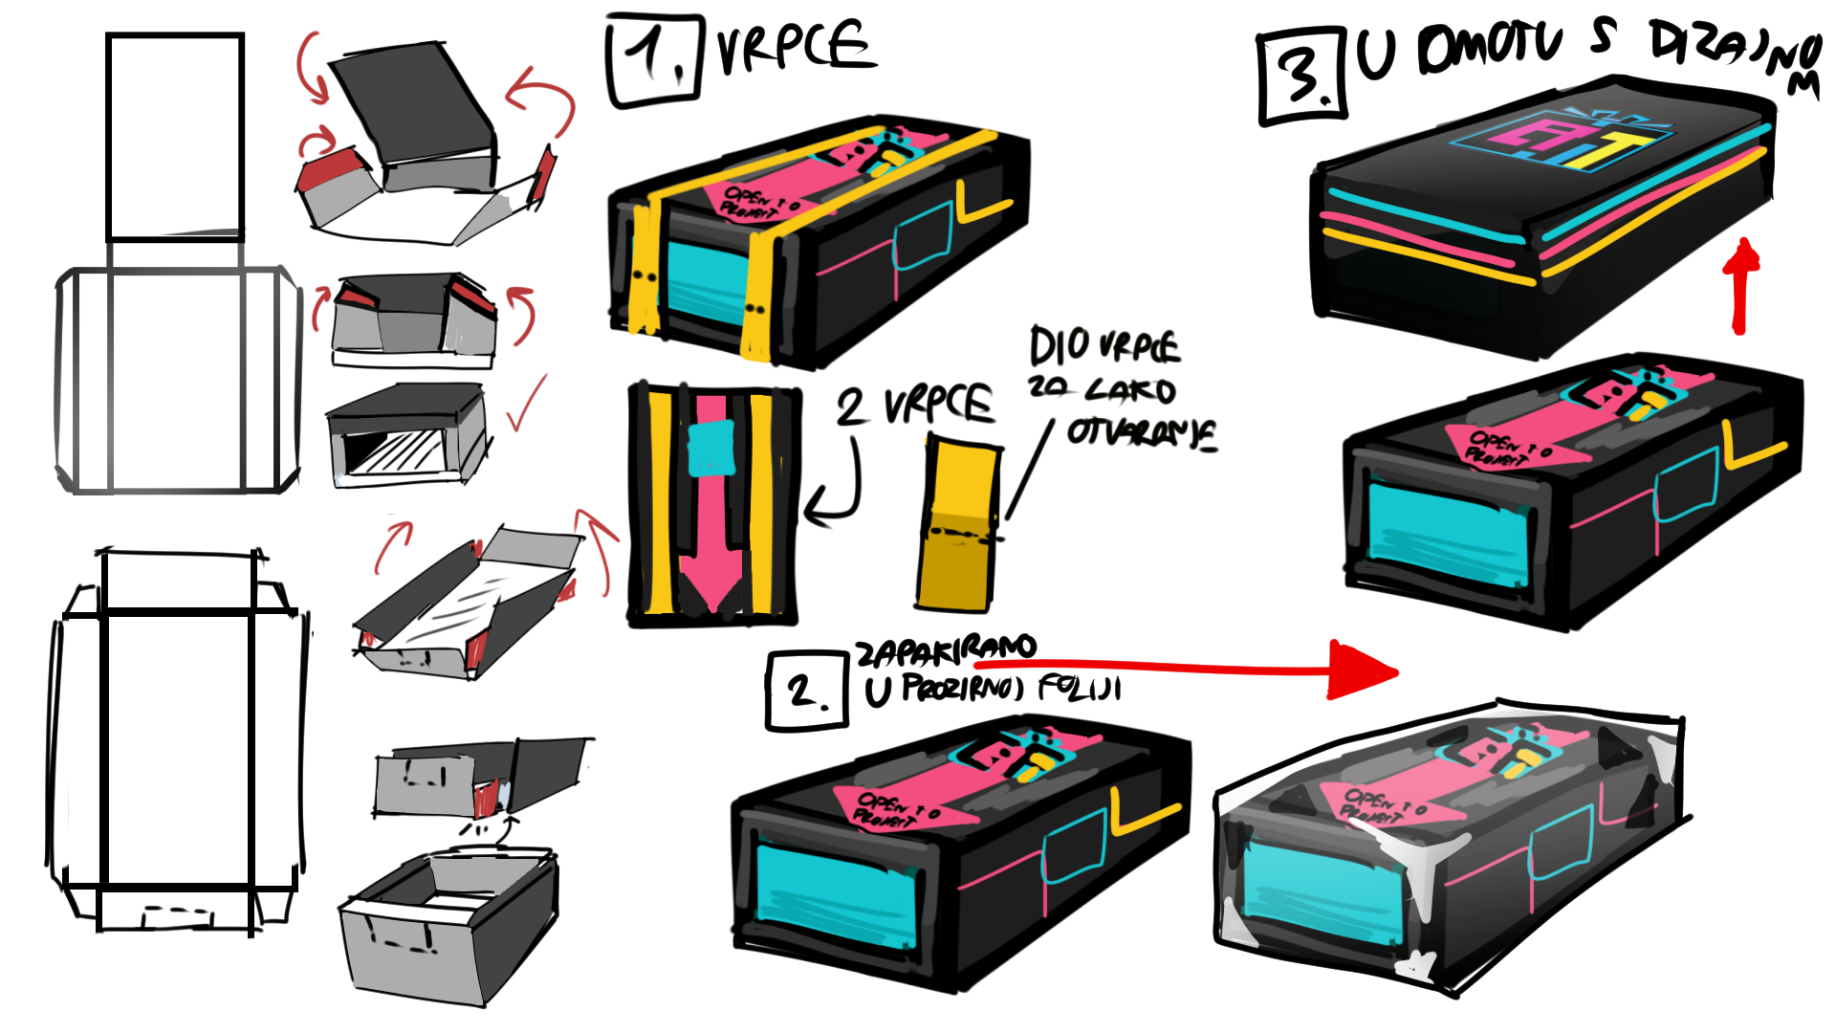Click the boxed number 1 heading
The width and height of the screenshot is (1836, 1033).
pos(655,59)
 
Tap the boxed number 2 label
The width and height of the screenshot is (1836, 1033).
pos(806,690)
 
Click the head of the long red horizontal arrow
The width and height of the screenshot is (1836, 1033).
pos(1363,670)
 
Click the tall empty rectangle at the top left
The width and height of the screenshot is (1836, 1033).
pos(175,136)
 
